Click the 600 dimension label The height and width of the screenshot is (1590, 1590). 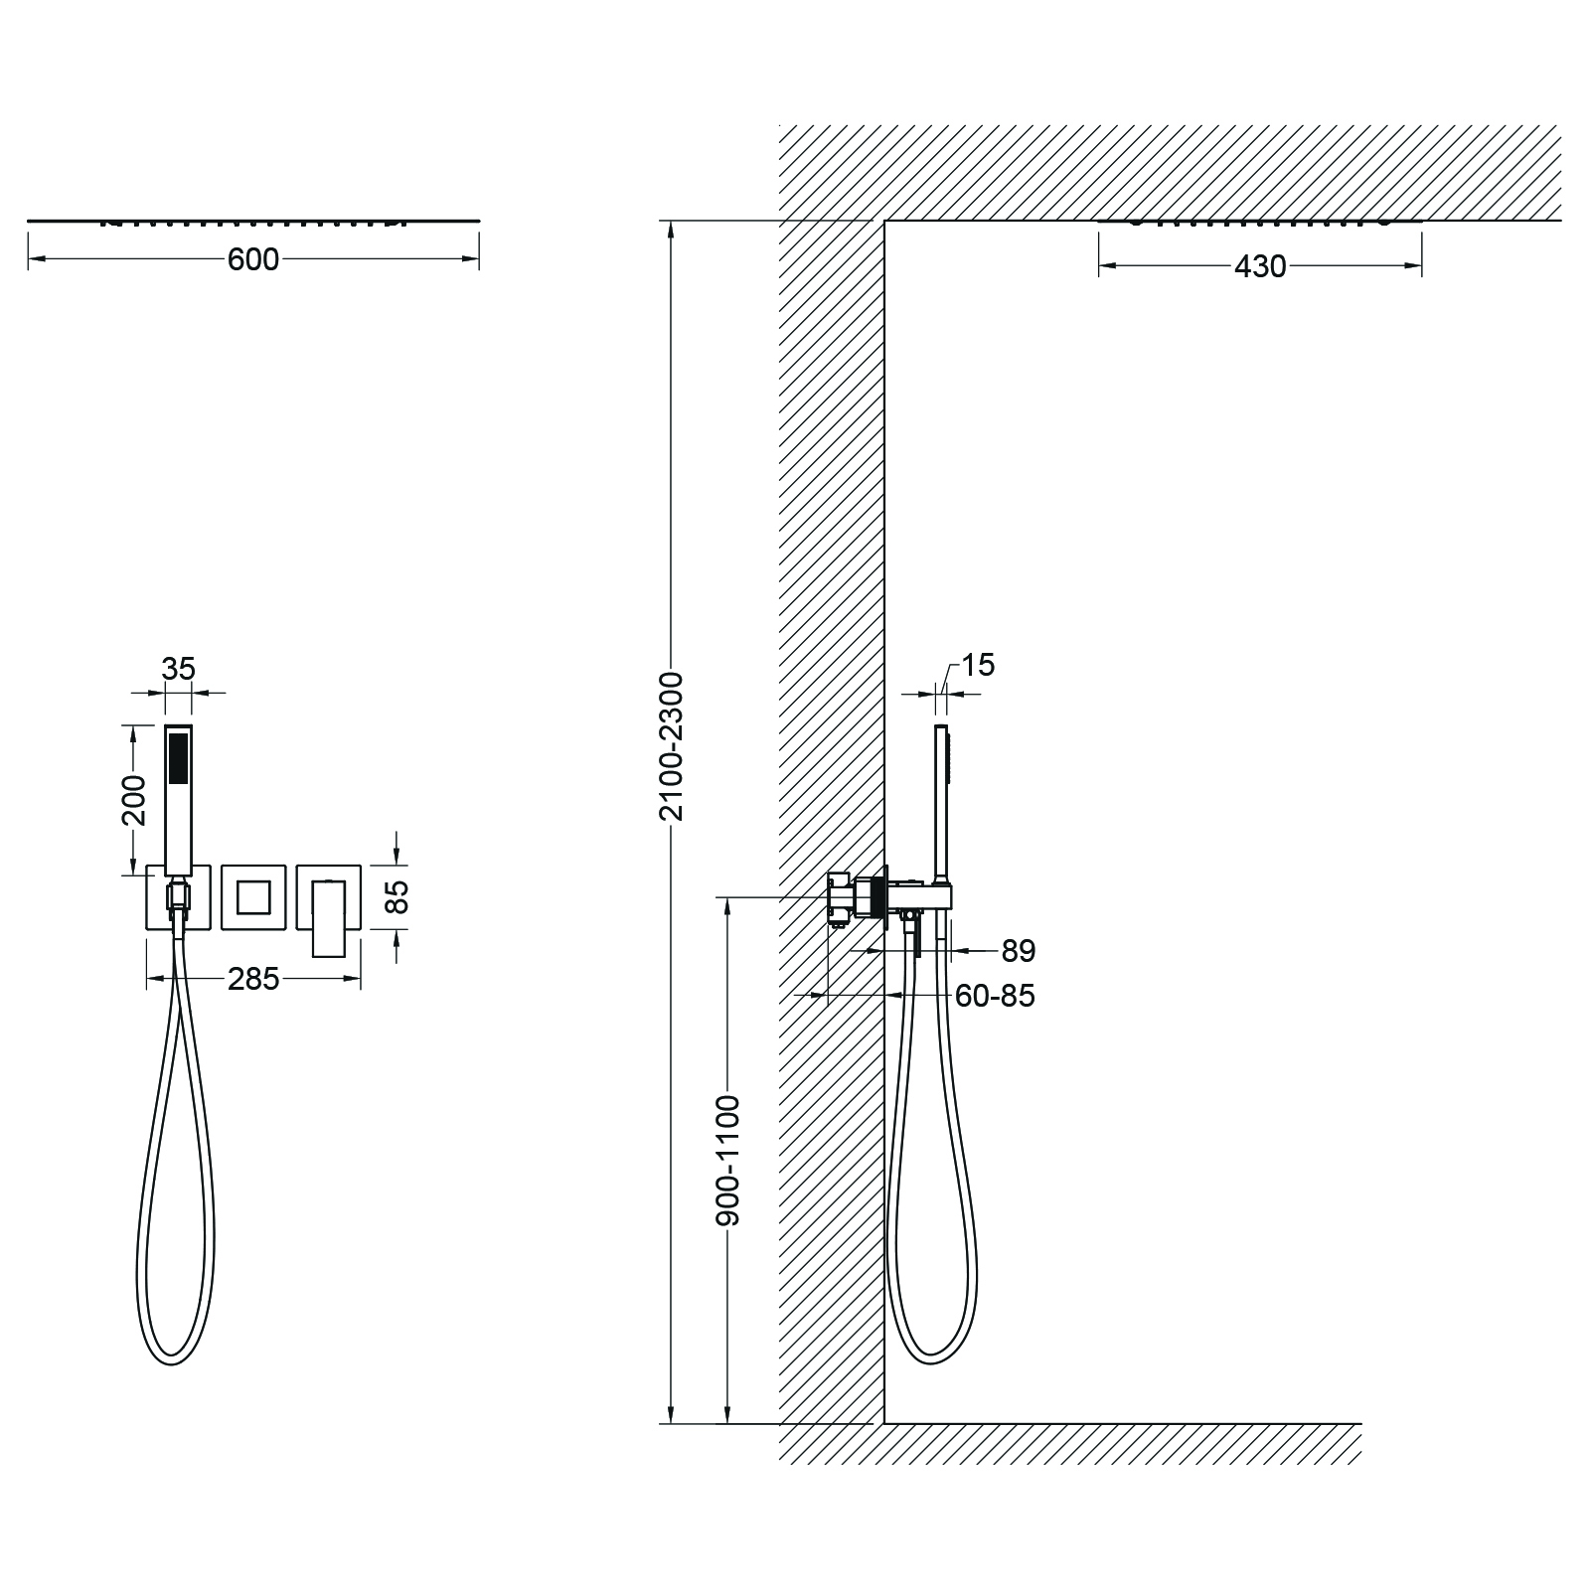tap(253, 259)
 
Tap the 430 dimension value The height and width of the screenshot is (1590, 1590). tap(1260, 266)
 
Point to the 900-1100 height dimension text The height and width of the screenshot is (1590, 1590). tap(728, 1160)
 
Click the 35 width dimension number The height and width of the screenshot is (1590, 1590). tap(179, 669)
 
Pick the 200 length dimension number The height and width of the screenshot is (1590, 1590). tap(133, 800)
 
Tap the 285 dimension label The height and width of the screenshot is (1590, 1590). tap(253, 979)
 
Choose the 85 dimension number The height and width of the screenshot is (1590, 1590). tap(397, 897)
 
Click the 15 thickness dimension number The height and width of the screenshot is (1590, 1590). tap(978, 665)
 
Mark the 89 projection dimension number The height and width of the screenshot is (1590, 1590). tap(1018, 951)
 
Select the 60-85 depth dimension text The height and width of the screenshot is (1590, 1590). tap(994, 995)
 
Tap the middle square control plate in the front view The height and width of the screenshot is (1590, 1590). tap(253, 897)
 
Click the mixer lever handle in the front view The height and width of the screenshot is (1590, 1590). tap(330, 919)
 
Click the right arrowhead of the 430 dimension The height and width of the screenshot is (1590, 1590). tap(1415, 265)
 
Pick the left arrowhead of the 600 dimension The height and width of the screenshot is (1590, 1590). tap(34, 259)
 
